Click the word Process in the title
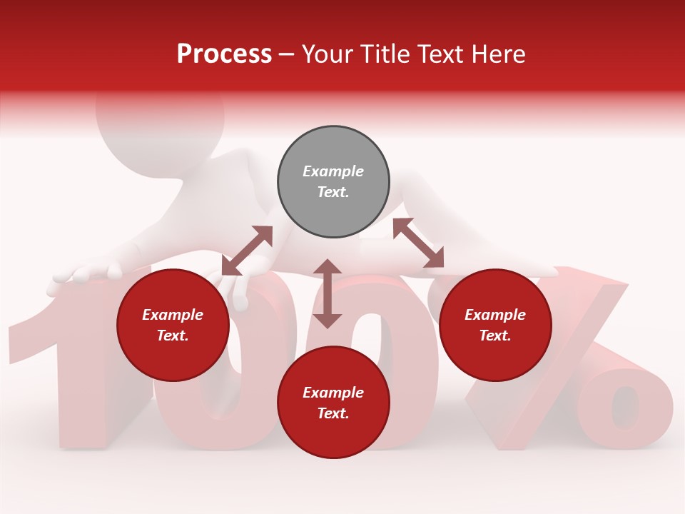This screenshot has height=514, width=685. click(224, 54)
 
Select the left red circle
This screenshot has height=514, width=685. click(173, 325)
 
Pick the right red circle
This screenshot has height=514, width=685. click(495, 325)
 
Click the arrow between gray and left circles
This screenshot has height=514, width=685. click(247, 251)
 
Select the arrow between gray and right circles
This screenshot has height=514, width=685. click(418, 243)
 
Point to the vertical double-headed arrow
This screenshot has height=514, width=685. click(328, 293)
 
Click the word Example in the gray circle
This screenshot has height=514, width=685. click(333, 171)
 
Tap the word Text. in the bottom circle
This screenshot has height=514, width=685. click(333, 413)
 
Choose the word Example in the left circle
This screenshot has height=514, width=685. click(173, 315)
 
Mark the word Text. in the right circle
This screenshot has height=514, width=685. click(495, 336)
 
